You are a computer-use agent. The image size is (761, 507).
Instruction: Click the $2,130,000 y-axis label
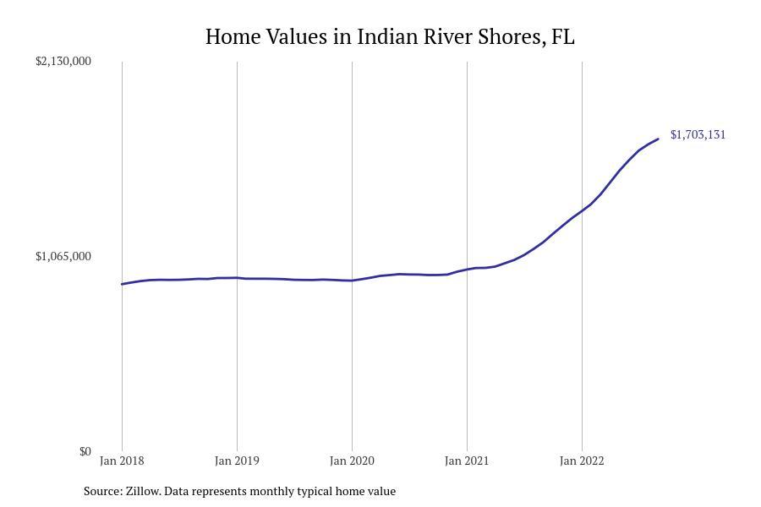63,61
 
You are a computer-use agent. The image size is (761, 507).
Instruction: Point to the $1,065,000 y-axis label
63,256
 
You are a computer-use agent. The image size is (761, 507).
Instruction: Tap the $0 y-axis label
85,451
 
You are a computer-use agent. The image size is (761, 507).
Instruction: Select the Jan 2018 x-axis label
122,461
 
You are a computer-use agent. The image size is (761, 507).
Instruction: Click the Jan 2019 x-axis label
237,461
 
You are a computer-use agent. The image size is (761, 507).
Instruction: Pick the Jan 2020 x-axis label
352,461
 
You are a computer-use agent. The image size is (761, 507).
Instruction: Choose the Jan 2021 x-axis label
467,461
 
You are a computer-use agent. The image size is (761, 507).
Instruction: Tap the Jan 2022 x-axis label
582,461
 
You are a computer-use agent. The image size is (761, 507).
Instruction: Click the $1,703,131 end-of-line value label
698,134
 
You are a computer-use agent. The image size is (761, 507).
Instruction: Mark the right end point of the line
658,139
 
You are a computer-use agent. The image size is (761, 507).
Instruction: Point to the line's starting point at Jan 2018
122,284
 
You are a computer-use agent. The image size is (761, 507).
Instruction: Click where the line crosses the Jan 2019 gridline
237,277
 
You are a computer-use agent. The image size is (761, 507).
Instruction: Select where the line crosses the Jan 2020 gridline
352,281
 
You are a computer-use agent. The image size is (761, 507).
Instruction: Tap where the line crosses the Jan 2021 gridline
467,270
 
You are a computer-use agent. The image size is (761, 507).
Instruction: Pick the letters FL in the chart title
562,37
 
